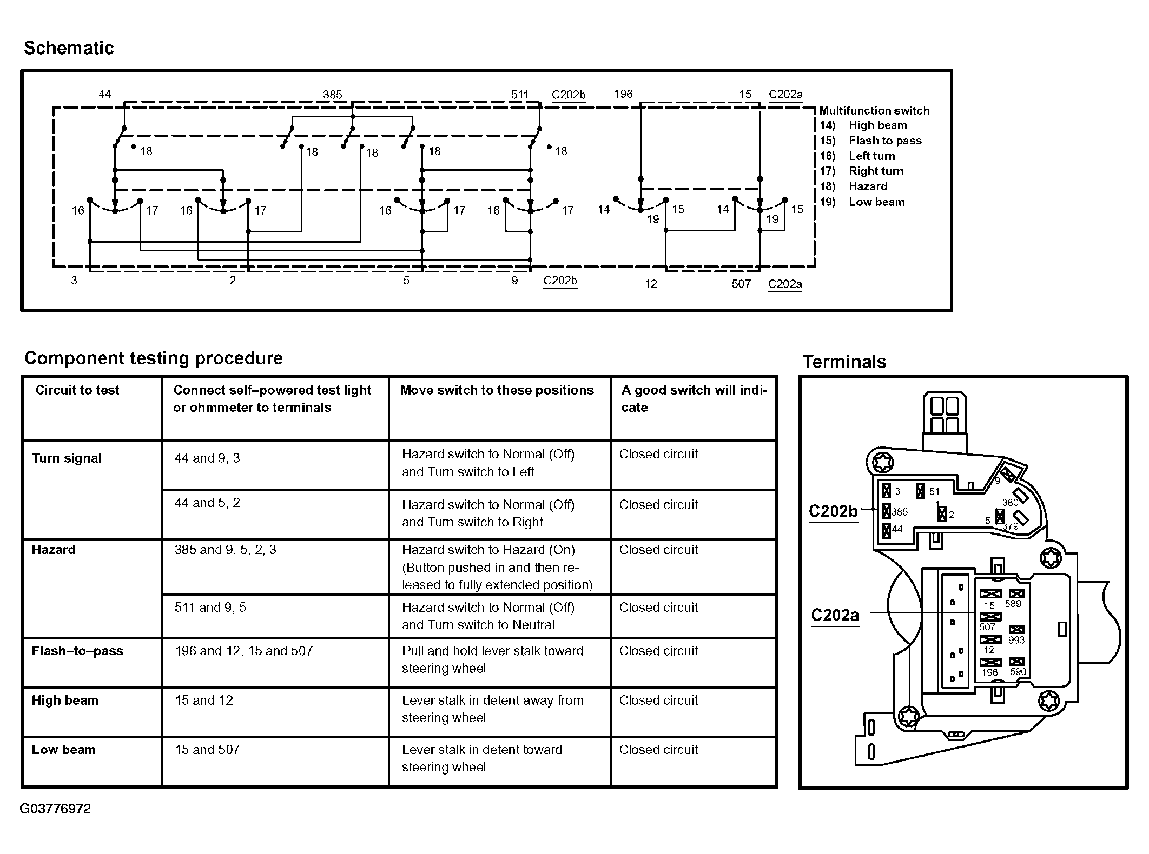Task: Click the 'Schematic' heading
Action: [69, 48]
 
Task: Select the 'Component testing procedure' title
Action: [154, 358]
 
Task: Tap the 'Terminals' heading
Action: [844, 362]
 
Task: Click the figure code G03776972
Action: [55, 809]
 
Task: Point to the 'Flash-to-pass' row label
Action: [77, 651]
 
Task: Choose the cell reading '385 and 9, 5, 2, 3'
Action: [225, 550]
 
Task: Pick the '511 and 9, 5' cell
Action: [210, 608]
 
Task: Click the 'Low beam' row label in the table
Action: [63, 750]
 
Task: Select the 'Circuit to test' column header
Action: [77, 390]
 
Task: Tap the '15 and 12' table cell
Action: [203, 700]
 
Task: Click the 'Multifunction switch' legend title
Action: [874, 111]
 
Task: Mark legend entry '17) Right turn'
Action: [862, 171]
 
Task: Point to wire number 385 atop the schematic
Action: [332, 95]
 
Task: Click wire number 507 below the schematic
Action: [741, 284]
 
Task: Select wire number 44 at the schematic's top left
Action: [104, 94]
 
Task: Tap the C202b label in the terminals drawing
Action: [833, 511]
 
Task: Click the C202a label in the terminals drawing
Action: [835, 615]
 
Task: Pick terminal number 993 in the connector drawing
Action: [1016, 640]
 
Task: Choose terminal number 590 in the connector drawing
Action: [1018, 672]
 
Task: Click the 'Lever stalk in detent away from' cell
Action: [492, 709]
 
